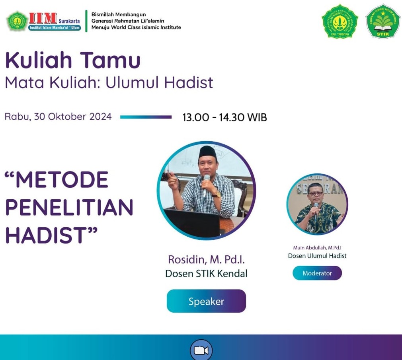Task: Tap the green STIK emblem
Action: click(382, 21)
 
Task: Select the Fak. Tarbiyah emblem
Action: click(340, 21)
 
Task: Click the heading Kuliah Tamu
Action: click(73, 60)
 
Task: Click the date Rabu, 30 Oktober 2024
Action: click(58, 117)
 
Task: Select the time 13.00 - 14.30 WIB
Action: click(224, 117)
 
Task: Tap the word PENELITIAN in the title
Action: click(69, 207)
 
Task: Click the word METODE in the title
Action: click(61, 180)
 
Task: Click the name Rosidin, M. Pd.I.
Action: click(206, 260)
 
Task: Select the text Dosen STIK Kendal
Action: click(206, 274)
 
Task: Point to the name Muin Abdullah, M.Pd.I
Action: click(317, 248)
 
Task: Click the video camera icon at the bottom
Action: click(201, 350)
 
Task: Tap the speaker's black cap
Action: click(207, 152)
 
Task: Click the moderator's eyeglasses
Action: click(316, 194)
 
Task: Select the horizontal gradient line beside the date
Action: click(146, 117)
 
